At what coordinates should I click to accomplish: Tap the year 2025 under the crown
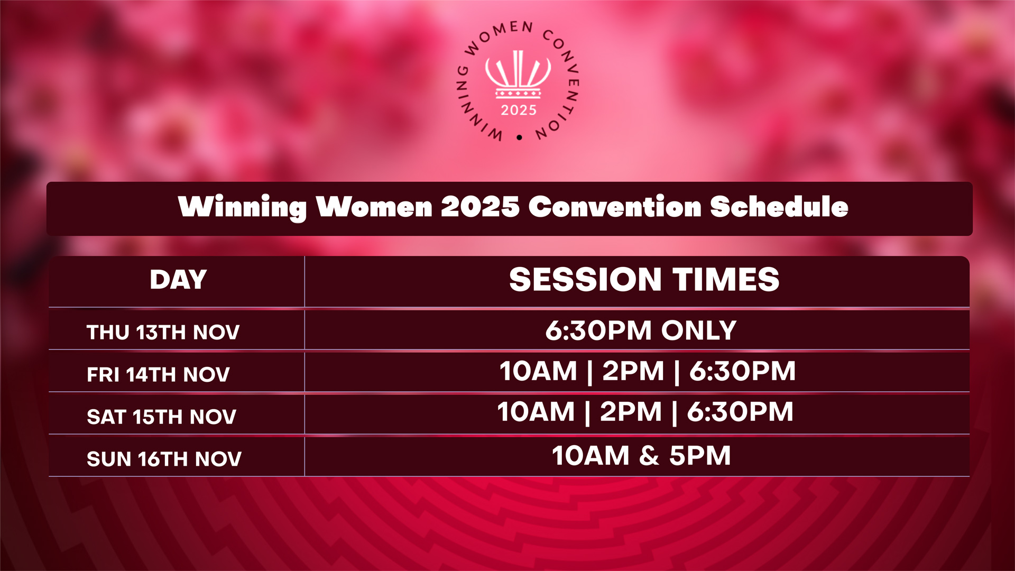click(519, 110)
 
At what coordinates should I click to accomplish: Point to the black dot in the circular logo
click(519, 137)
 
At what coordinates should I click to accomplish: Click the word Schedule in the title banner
click(779, 207)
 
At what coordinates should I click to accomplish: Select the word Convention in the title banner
click(615, 207)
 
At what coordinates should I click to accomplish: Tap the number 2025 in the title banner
click(480, 207)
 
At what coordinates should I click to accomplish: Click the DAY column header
click(178, 280)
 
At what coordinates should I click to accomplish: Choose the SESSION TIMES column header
click(644, 279)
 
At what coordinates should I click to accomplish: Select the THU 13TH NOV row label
click(163, 333)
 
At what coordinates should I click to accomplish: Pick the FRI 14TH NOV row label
click(158, 375)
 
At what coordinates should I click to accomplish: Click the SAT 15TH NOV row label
click(161, 417)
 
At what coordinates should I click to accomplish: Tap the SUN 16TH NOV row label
click(164, 459)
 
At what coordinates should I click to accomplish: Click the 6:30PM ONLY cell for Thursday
click(641, 330)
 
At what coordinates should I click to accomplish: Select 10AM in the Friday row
click(538, 371)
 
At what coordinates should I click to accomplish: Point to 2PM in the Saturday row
click(631, 412)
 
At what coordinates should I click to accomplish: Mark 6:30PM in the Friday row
click(742, 371)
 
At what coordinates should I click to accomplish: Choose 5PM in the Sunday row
click(700, 456)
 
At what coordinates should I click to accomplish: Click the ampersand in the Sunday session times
click(649, 456)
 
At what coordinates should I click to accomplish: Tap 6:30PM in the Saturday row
click(740, 412)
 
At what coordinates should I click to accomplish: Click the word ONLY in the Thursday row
click(698, 330)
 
